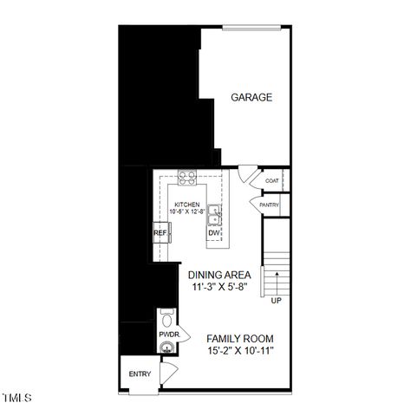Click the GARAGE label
pyautogui.click(x=251, y=97)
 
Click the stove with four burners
pyautogui.click(x=186, y=179)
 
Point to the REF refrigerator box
pyautogui.click(x=160, y=233)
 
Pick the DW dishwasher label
pyautogui.click(x=213, y=233)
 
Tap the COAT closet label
pyautogui.click(x=271, y=181)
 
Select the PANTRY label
pyautogui.click(x=269, y=205)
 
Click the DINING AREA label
pyautogui.click(x=219, y=275)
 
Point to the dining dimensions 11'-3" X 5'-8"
pyautogui.click(x=218, y=287)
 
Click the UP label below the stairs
pyautogui.click(x=277, y=301)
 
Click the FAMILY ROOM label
pyautogui.click(x=240, y=338)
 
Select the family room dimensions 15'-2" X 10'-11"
pyautogui.click(x=240, y=351)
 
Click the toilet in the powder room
pyautogui.click(x=167, y=315)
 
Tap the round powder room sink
pyautogui.click(x=166, y=348)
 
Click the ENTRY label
pyautogui.click(x=140, y=374)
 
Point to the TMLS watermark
pyautogui.click(x=16, y=399)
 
